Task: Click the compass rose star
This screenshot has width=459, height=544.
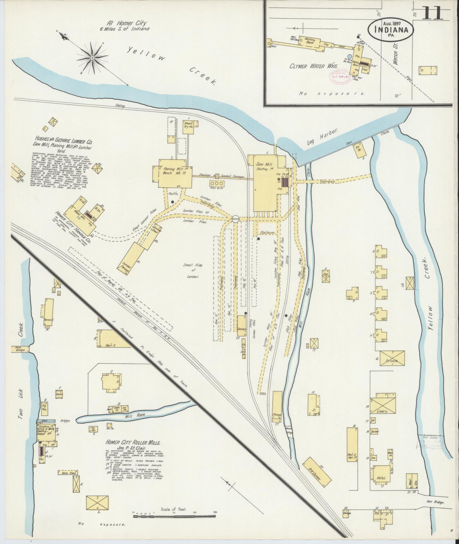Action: tap(92, 58)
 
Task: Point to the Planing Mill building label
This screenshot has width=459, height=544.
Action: tap(170, 171)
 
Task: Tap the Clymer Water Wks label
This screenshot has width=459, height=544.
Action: tap(307, 66)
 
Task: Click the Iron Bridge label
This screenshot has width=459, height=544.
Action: tap(441, 502)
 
